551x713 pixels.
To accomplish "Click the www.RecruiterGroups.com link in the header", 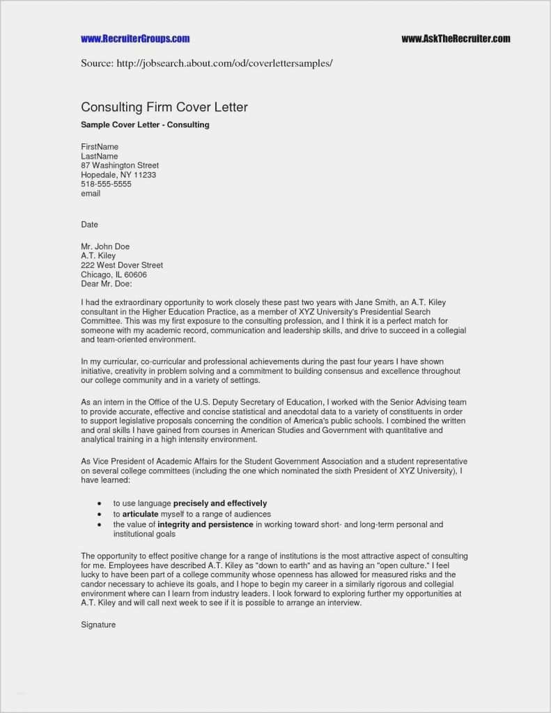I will [x=135, y=39].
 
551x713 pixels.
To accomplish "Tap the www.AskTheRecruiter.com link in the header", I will [x=456, y=39].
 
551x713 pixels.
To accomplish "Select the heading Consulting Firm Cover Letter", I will [x=164, y=107].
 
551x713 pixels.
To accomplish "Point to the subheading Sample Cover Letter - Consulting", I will [x=145, y=125].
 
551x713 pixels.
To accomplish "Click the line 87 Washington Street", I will [x=120, y=166].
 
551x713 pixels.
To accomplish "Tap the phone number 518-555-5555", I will [x=106, y=185].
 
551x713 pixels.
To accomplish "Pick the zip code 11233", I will [x=144, y=175].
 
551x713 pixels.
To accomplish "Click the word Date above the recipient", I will [x=89, y=225].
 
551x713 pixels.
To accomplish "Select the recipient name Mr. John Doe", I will [x=105, y=246].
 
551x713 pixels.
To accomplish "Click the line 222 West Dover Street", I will [x=122, y=265].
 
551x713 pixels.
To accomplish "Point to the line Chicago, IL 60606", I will [x=114, y=274].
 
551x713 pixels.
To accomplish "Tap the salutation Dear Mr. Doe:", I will [x=106, y=284].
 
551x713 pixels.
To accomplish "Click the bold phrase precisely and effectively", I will [x=220, y=503].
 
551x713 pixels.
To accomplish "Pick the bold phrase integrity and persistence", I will [x=205, y=524].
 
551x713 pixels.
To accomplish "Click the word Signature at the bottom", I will [x=98, y=625].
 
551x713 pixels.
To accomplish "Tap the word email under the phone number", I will [x=91, y=194].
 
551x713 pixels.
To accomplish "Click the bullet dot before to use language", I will [x=100, y=503].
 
